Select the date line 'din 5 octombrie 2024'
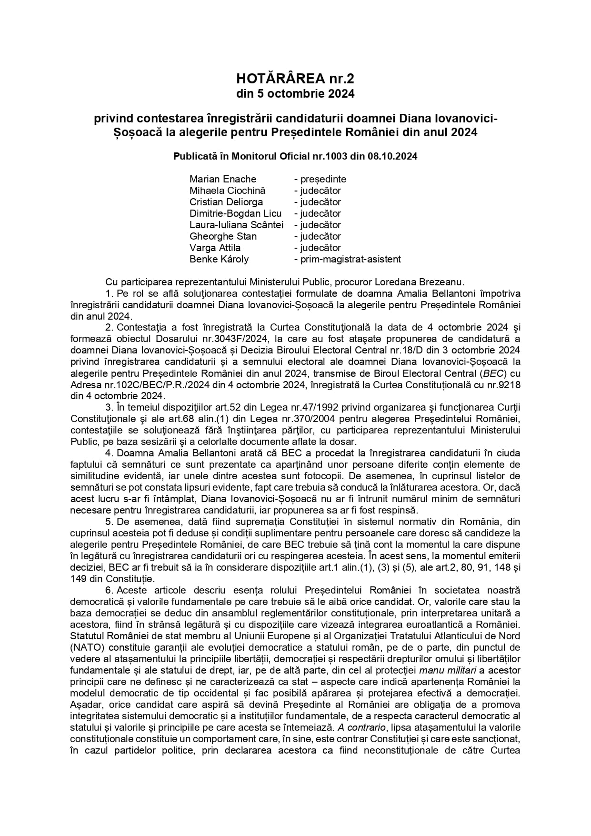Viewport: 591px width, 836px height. coord(295,94)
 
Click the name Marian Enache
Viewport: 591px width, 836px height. coord(223,179)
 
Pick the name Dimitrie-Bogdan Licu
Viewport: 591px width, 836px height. coord(235,213)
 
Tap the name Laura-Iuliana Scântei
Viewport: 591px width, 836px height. coord(236,225)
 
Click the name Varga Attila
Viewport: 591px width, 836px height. coord(215,248)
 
